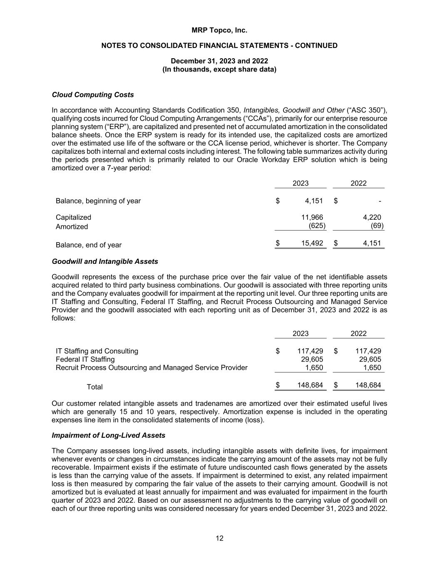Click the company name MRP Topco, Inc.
[219, 30]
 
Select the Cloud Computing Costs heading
[93, 95]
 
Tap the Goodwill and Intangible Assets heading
[105, 262]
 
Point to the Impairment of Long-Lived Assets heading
[108, 436]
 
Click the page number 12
[219, 538]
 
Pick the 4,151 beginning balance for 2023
[314, 201]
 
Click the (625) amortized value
[317, 226]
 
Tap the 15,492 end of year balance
[312, 243]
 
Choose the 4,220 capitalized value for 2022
[372, 217]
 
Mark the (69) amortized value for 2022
[377, 226]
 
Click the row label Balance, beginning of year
[98, 201]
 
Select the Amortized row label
[72, 227]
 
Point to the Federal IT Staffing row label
[85, 360]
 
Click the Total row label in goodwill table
[94, 387]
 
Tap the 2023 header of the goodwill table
[300, 334]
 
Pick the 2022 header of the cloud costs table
[358, 184]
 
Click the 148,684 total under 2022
[368, 385]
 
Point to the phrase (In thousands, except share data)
[219, 69]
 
